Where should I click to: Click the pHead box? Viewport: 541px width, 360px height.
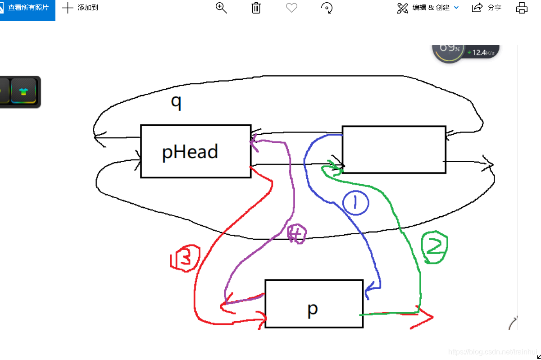[195, 151]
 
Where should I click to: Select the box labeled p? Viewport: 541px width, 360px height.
[314, 303]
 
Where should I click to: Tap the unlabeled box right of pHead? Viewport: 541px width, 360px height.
[394, 150]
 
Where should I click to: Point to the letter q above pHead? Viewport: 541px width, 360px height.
[176, 102]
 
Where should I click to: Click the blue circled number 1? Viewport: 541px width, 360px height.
[355, 203]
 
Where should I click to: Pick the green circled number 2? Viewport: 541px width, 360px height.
[435, 248]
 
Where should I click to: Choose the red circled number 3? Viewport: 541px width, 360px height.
[185, 258]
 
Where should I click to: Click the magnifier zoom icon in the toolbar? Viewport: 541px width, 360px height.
[221, 8]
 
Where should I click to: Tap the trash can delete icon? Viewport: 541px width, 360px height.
[256, 8]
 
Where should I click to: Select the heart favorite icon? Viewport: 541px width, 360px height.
[292, 8]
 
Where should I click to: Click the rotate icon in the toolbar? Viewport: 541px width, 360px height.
[327, 8]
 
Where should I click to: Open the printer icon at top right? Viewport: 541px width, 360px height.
[522, 8]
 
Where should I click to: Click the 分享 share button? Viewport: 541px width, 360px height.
[486, 8]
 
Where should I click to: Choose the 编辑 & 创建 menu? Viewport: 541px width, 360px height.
[428, 8]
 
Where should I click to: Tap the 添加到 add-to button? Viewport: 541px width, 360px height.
[80, 8]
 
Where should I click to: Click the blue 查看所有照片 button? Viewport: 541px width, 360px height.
[27, 8]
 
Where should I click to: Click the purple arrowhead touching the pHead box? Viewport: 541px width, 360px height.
[255, 141]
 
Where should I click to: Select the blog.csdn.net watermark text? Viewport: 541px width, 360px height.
[493, 351]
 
